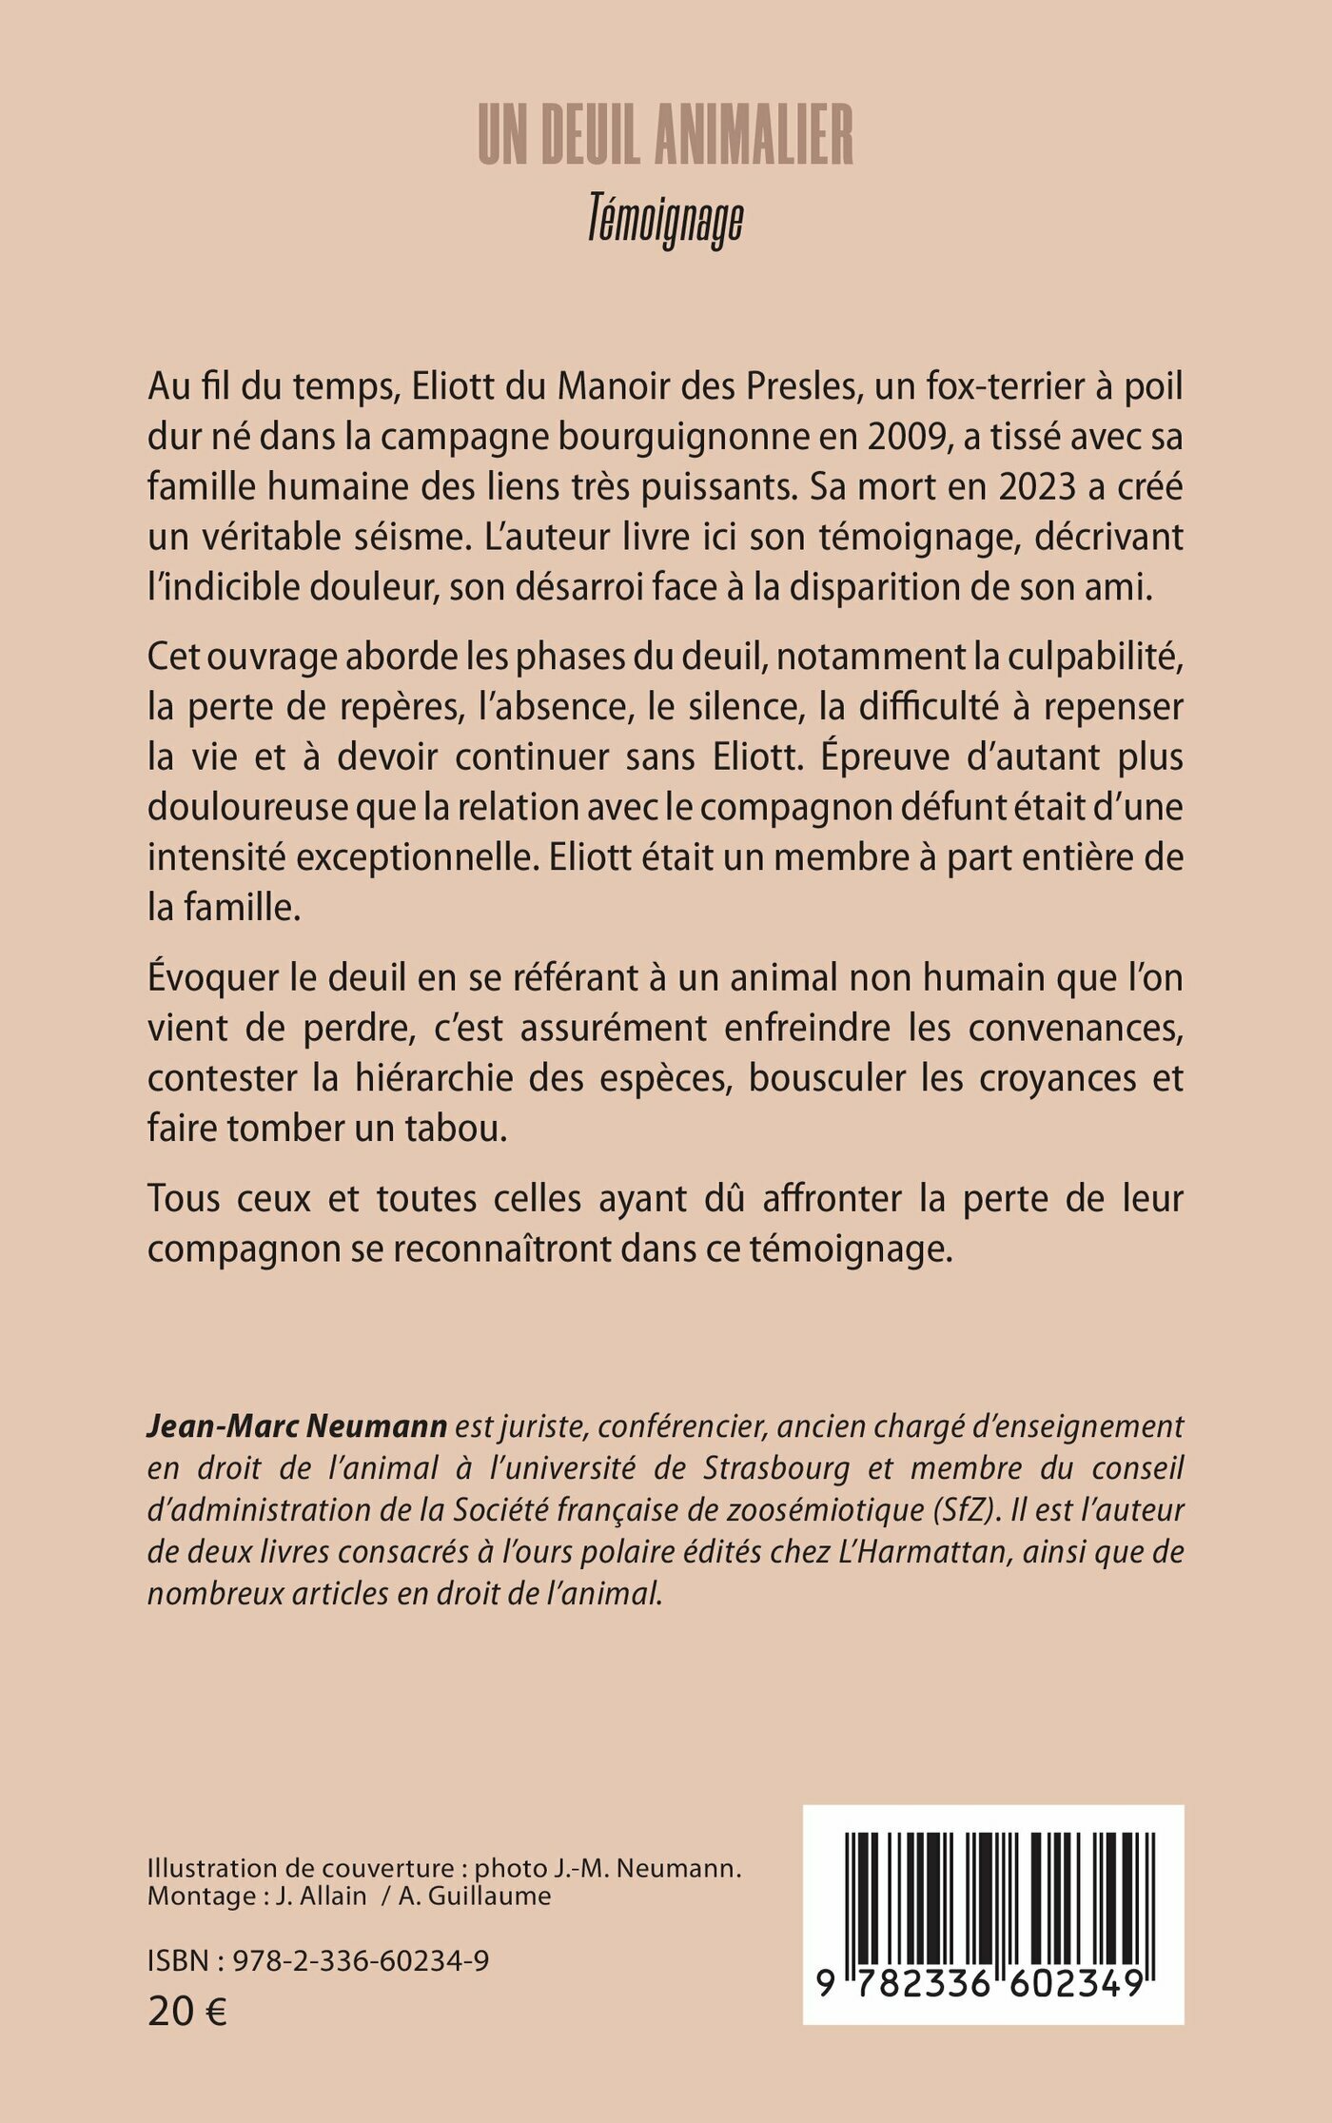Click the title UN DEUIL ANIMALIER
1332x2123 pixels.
[x=665, y=136]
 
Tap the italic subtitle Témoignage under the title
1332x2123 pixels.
[x=665, y=221]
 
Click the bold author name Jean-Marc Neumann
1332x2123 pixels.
[x=297, y=1426]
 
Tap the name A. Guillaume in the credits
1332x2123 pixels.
[x=475, y=1895]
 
